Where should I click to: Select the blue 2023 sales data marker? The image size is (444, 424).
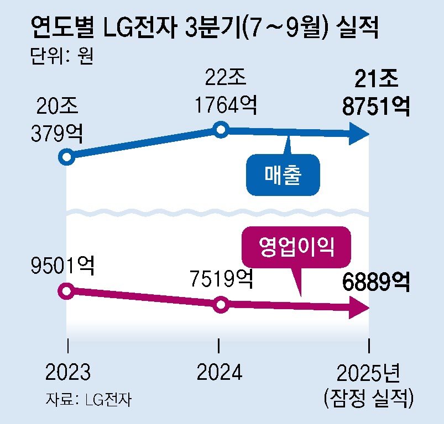click(67, 157)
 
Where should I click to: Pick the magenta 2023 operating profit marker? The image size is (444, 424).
click(67, 291)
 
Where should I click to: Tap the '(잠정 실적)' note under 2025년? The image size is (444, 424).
click(369, 398)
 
